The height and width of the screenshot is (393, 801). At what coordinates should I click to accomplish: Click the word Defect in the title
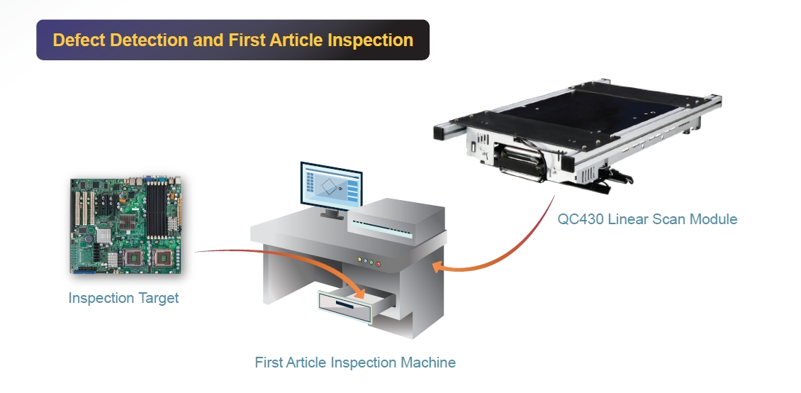[x=79, y=40]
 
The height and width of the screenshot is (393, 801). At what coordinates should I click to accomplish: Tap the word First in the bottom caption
[x=269, y=362]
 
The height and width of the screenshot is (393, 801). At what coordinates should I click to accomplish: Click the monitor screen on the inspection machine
[x=331, y=185]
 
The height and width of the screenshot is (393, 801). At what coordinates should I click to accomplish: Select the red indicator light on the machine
[x=378, y=264]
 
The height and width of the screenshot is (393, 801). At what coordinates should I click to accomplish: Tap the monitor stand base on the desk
[x=331, y=214]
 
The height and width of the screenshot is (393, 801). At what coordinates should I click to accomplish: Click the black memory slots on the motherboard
[x=157, y=205]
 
